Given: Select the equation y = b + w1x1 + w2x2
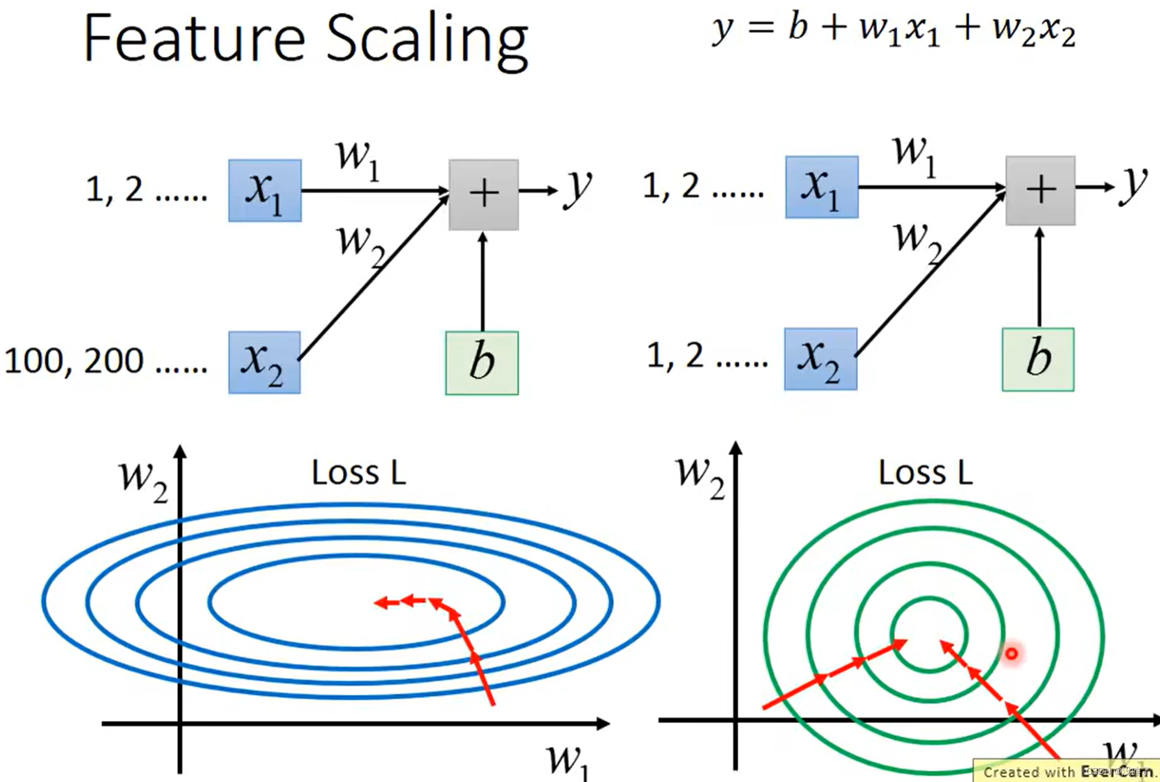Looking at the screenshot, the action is tap(893, 29).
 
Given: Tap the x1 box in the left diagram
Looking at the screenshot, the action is tap(265, 190).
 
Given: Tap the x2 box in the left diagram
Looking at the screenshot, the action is tap(264, 362).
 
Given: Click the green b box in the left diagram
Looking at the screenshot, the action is tap(482, 363).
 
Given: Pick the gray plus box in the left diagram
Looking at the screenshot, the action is tap(484, 194).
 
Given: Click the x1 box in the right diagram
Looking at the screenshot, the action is tap(822, 187).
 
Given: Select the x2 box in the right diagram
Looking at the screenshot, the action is tap(820, 359).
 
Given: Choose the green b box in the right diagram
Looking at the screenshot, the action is tap(1038, 359).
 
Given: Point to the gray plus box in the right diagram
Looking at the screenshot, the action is tap(1040, 190).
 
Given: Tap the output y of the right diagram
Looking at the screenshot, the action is tap(1133, 185).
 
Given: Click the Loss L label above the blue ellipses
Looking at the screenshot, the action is tap(359, 473).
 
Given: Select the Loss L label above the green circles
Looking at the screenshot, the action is tap(926, 473).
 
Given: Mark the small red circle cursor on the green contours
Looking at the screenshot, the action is tap(1011, 653).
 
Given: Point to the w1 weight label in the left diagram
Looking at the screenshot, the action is tap(357, 158).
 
